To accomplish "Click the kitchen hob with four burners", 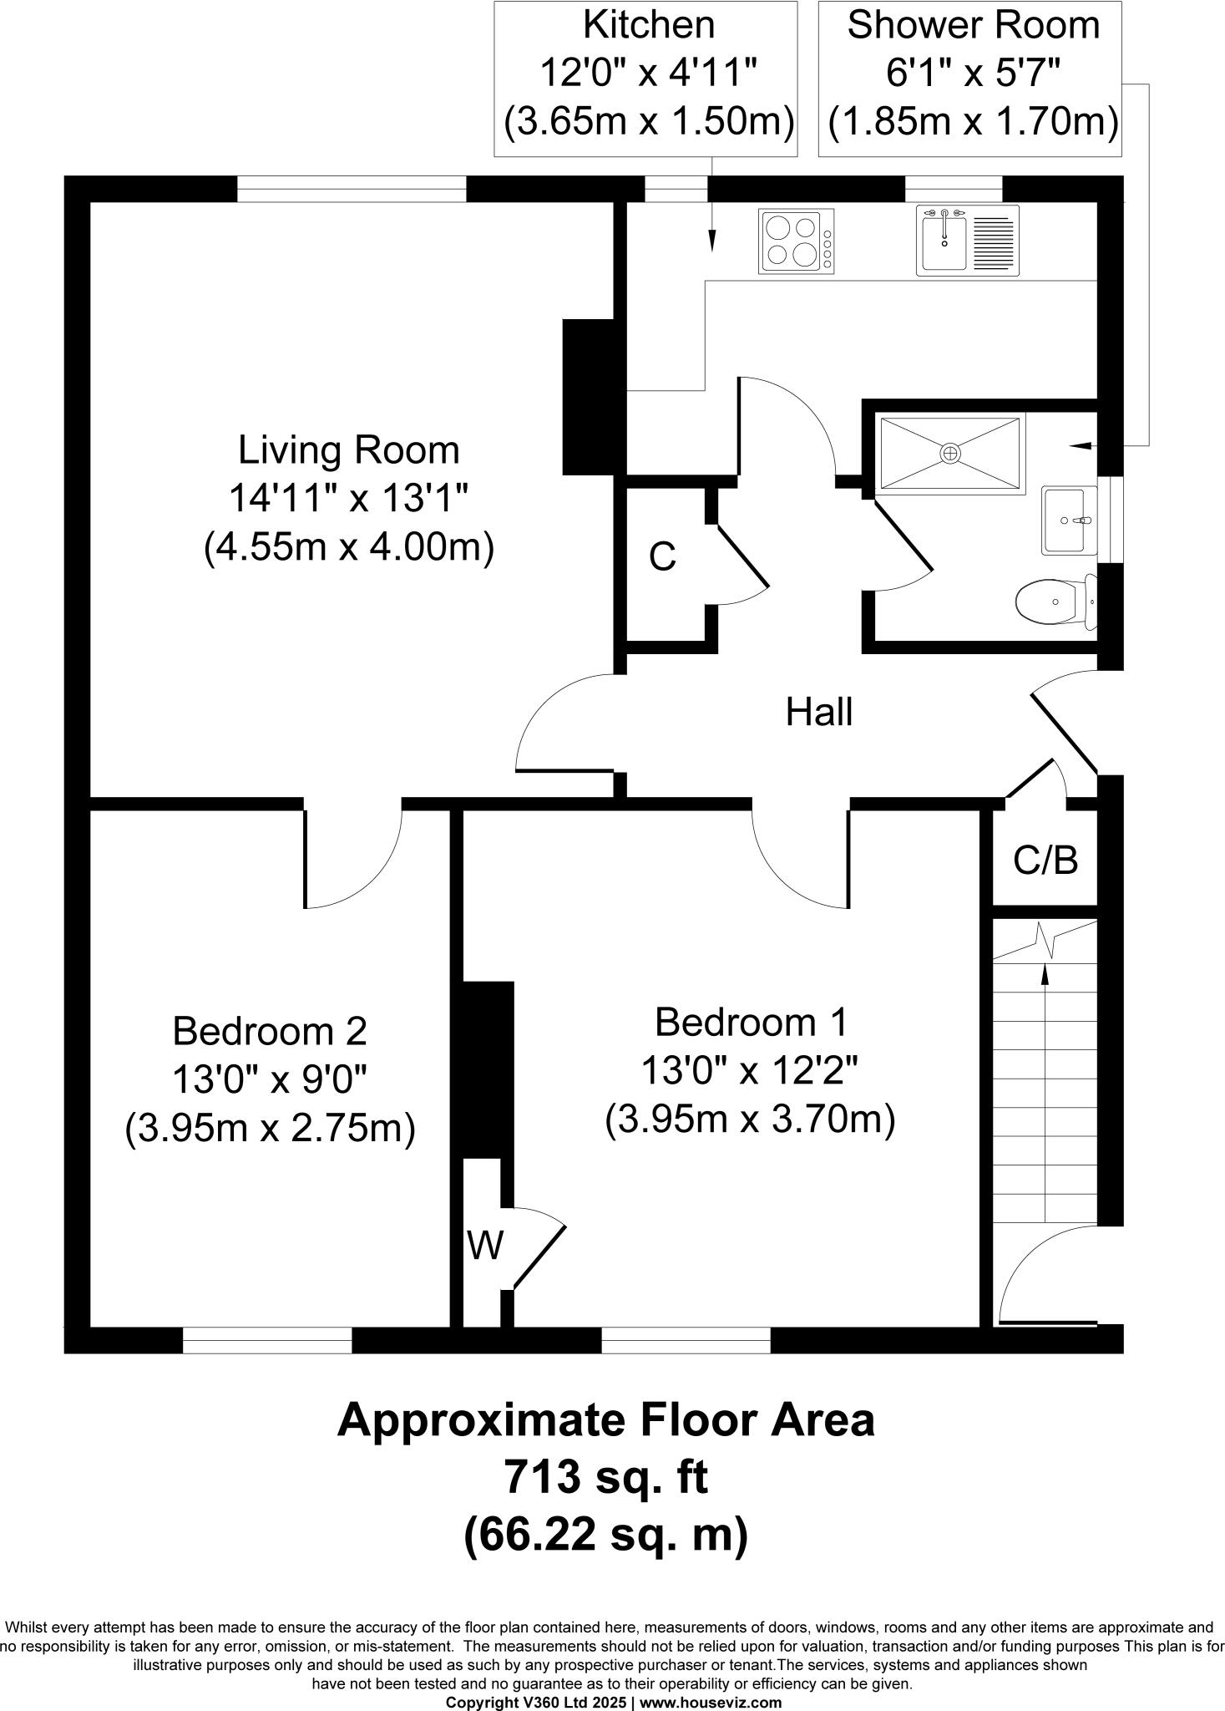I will click(795, 241).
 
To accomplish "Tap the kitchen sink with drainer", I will click(967, 241).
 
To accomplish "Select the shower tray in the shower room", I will click(950, 453).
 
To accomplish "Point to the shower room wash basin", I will click(1067, 520).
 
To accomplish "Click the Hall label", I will click(818, 713).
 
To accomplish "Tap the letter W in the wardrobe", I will click(484, 1246).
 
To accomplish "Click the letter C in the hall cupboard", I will click(662, 556).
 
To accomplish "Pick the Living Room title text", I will click(349, 450).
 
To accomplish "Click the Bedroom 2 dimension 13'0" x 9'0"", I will click(270, 1080).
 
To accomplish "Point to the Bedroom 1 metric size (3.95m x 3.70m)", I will click(750, 1119).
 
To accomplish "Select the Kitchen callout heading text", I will click(648, 25).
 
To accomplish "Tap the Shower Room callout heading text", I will click(973, 25).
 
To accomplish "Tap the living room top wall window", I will click(352, 189).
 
